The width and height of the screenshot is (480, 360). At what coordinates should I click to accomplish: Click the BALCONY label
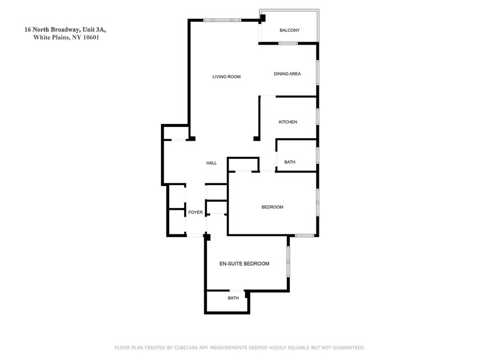point(289,30)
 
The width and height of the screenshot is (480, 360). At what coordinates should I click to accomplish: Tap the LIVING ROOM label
point(226,77)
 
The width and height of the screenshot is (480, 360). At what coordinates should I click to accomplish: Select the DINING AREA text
point(287,74)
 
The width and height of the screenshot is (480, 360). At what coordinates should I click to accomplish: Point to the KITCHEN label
point(288,122)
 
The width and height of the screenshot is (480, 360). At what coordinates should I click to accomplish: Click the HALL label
point(211,163)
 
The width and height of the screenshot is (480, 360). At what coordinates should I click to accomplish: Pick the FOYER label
point(195,212)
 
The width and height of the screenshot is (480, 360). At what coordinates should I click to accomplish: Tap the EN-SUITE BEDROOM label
point(245,263)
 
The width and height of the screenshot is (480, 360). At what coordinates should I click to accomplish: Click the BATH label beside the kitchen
point(290,162)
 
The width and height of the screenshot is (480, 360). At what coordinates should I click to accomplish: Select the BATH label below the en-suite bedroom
point(233,298)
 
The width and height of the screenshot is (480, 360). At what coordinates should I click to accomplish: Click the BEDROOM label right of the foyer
point(273,207)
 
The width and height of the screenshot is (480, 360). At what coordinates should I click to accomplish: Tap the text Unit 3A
point(94,30)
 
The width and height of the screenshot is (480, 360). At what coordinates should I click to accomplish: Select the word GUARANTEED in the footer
point(349,348)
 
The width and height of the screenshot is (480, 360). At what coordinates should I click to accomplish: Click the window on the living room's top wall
point(222,20)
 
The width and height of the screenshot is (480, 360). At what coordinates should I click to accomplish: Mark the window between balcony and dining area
point(288,43)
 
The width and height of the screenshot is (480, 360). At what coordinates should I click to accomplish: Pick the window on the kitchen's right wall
point(318,117)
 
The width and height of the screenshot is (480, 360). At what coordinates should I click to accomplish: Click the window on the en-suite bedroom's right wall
point(288,262)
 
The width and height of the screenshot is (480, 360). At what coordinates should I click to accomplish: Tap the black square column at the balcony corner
point(262,18)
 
